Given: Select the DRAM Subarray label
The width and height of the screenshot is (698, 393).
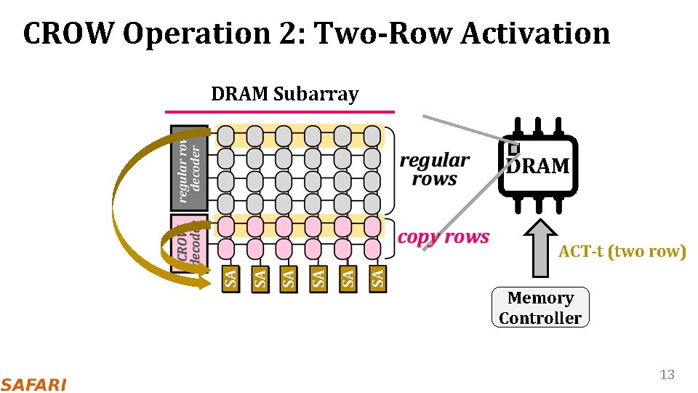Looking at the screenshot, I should (x=284, y=94).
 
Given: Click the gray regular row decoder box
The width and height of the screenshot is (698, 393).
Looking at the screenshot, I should (x=189, y=167).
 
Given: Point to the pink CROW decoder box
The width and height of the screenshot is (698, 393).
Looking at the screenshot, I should (x=188, y=240).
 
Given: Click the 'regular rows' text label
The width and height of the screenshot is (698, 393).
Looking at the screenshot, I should (x=434, y=170).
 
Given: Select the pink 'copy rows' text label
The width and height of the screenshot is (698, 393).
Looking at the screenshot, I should (x=444, y=238).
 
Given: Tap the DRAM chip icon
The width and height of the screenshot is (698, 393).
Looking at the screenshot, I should (x=537, y=165).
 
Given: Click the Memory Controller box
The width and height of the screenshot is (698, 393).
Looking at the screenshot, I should (x=540, y=308).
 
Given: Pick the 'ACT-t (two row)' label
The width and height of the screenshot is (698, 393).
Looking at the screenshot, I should (x=622, y=252).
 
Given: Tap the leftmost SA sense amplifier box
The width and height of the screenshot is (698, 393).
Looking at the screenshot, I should (x=230, y=278).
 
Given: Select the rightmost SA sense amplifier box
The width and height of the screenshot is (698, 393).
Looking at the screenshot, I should (x=377, y=278).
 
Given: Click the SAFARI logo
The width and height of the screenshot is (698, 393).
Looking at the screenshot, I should (x=33, y=384).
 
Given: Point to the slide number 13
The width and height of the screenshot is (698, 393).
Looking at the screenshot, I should (x=667, y=375).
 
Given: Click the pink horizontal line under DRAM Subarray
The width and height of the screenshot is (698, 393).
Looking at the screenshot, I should (x=280, y=112).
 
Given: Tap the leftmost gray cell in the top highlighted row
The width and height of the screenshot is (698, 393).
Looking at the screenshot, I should (x=226, y=136).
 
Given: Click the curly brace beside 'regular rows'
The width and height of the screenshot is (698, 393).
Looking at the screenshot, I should (x=391, y=170).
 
